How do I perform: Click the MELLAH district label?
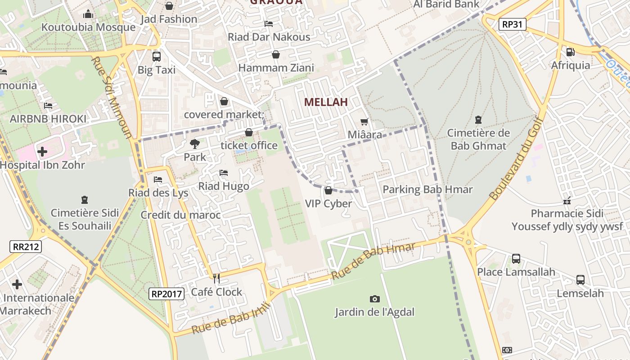tap(326, 102)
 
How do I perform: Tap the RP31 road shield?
tap(513, 24)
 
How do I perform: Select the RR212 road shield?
tap(26, 246)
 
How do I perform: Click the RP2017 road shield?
tap(167, 294)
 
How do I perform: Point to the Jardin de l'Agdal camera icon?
tap(374, 299)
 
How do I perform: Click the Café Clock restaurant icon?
tap(216, 279)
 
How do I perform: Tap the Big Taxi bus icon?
tap(157, 57)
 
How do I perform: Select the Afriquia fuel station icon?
tap(571, 52)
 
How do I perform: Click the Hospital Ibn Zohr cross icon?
tap(42, 152)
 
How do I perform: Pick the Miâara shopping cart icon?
tap(364, 121)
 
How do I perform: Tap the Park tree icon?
tap(195, 144)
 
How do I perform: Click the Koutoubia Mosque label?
tap(88, 27)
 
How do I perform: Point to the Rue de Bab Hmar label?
tap(373, 261)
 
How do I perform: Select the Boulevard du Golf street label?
tap(517, 157)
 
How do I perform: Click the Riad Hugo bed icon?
tap(224, 173)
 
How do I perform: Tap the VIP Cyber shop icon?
tap(328, 190)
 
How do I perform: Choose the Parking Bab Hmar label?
tap(427, 189)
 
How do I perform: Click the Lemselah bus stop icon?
tap(580, 280)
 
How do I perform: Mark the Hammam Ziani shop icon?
tap(276, 55)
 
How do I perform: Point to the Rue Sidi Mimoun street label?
tap(112, 97)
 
